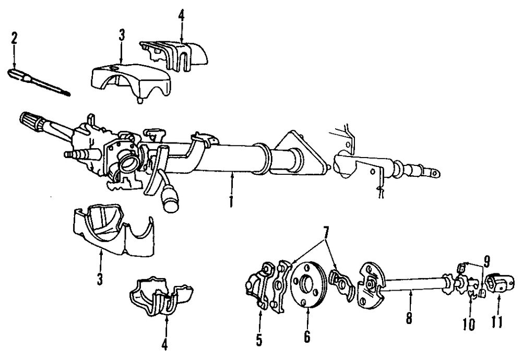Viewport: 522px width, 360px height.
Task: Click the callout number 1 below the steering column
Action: click(231, 201)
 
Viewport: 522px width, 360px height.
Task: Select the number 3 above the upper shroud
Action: click(121, 37)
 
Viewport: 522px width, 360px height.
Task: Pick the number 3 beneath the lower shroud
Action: click(100, 277)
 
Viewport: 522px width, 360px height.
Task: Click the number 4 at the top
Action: click(181, 14)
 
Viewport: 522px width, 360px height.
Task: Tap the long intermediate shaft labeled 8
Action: click(412, 285)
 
